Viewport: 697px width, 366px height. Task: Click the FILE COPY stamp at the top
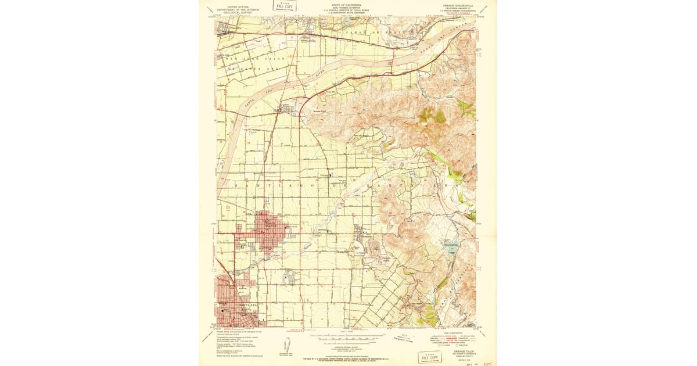285,6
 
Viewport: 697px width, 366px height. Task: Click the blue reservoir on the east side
451,246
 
